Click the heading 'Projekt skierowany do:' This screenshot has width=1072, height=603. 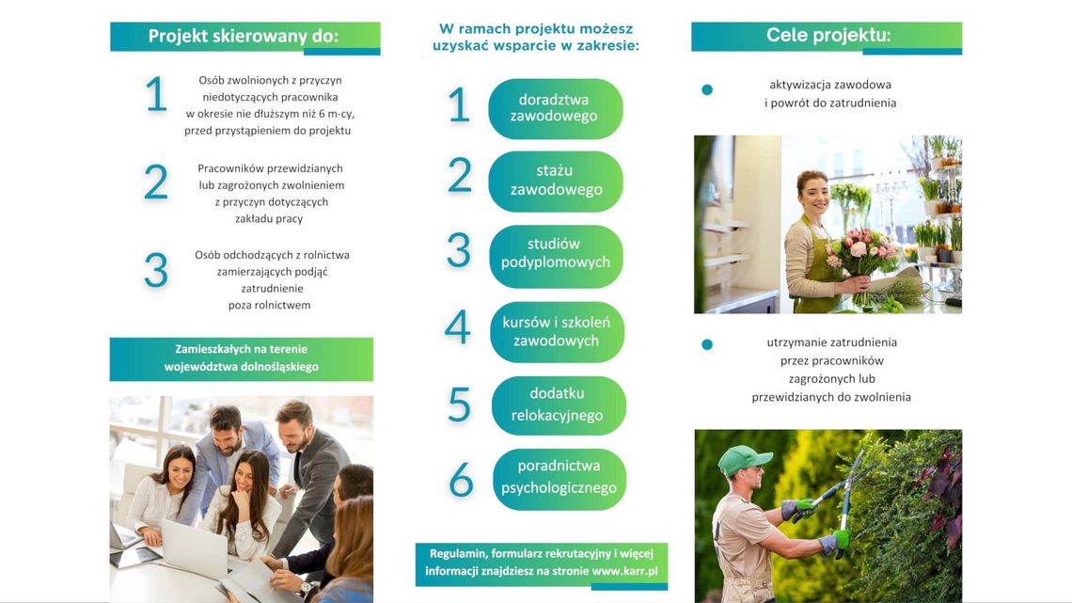244,37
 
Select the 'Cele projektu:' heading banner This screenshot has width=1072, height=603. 827,37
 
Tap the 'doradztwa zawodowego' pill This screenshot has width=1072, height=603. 555,108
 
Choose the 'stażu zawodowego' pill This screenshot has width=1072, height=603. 555,181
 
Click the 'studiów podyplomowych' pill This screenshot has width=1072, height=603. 555,254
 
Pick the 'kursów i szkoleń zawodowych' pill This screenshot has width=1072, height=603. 557,331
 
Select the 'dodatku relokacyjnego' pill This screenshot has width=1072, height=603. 558,405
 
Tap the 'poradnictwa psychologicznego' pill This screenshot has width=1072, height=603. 559,479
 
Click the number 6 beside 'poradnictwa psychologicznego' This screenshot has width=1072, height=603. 461,479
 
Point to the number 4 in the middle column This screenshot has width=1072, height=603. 457,326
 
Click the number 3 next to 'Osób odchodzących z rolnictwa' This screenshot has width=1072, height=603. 156,270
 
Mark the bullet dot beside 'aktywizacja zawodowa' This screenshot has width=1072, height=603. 707,89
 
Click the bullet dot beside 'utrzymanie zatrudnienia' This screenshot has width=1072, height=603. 707,344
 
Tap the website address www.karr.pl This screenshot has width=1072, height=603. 625,571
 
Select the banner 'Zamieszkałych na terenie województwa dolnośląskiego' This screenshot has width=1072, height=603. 242,358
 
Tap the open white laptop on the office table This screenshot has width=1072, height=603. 194,547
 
